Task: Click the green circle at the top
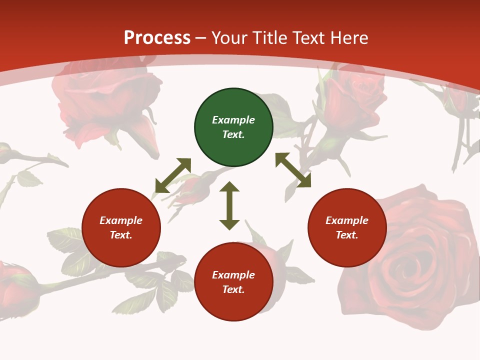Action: pyautogui.click(x=233, y=127)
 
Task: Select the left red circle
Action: pyautogui.click(x=121, y=228)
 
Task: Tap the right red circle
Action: pyautogui.click(x=347, y=228)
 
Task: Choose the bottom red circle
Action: pyautogui.click(x=233, y=282)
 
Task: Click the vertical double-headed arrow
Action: pyautogui.click(x=229, y=205)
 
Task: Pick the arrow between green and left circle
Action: pyautogui.click(x=173, y=175)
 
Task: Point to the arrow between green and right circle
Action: pyautogui.click(x=293, y=170)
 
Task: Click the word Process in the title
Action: pyautogui.click(x=157, y=37)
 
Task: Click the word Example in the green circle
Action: pyautogui.click(x=233, y=120)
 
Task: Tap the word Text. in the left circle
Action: pyautogui.click(x=121, y=235)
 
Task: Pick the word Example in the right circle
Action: pyautogui.click(x=347, y=220)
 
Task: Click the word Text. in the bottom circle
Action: pyautogui.click(x=233, y=289)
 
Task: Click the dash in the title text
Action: pyautogui.click(x=201, y=38)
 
